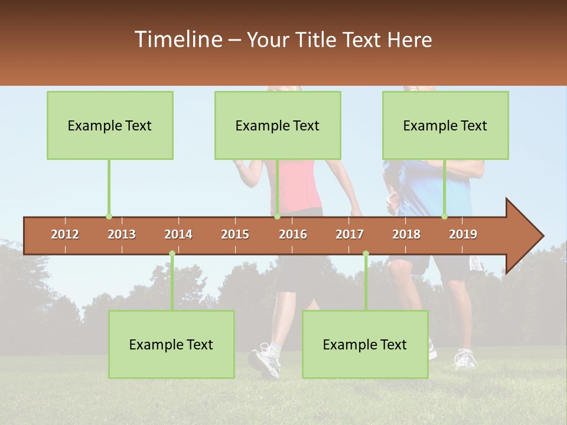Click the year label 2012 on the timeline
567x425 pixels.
click(65, 235)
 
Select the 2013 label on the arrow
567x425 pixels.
click(122, 235)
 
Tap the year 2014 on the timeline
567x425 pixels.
click(178, 235)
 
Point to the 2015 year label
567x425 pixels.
click(235, 235)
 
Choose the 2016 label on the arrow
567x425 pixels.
click(293, 235)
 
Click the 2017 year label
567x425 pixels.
click(350, 235)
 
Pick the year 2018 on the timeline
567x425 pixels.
click(406, 235)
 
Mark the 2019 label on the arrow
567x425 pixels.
click(463, 235)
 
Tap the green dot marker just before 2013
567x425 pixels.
click(109, 217)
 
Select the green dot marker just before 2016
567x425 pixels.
click(277, 217)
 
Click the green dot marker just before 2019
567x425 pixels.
click(444, 217)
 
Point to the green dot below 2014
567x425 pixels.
click(172, 254)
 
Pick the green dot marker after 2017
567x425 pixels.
click(366, 254)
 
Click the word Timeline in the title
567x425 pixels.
click(177, 40)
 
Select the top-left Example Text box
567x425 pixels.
click(110, 125)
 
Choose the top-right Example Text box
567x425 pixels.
click(445, 125)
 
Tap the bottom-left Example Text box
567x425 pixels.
click(171, 345)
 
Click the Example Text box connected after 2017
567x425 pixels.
click(365, 345)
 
